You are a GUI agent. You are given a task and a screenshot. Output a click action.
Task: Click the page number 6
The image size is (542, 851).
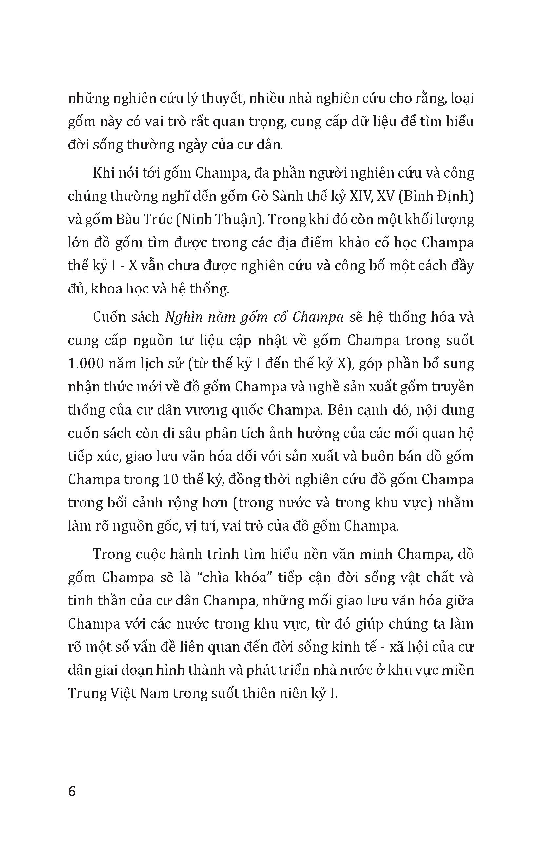(72, 792)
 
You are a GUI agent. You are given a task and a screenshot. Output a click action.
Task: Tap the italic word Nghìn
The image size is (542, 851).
(183, 317)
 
